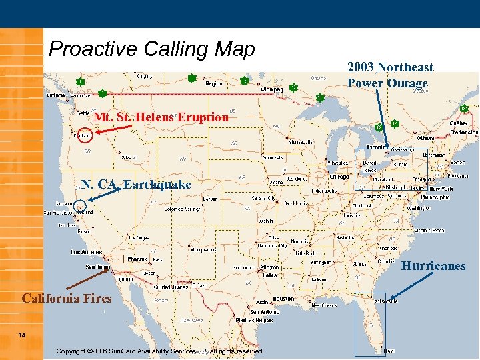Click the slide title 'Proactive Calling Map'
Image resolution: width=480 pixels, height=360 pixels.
pos(152,49)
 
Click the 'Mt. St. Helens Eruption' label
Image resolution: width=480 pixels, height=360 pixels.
pos(161,117)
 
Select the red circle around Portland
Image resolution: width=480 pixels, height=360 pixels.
pos(83,135)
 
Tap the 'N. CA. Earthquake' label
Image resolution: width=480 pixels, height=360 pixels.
pos(136,185)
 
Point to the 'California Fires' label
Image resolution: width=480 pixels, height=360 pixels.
pos(67,299)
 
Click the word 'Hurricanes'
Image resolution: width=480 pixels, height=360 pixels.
pos(433,266)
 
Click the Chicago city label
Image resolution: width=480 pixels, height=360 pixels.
pos(339,177)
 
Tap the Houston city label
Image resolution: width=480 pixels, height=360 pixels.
pos(283,299)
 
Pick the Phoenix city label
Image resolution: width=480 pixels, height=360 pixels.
pos(137,259)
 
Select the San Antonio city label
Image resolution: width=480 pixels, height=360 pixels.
pos(264,312)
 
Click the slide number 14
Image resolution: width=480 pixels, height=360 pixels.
pos(22,334)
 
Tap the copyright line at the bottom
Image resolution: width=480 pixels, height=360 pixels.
pos(160,351)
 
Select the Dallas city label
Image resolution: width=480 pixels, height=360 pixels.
pos(269,275)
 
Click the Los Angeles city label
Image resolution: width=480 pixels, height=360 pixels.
pos(87,253)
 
